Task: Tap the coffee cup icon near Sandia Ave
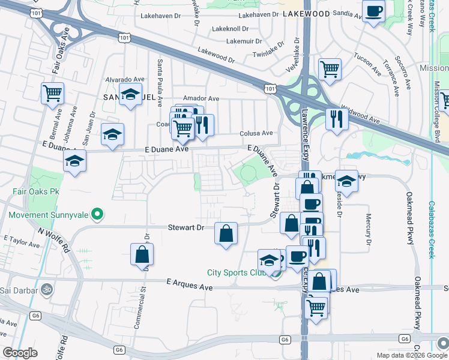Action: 373,11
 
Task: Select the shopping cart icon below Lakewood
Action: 330,70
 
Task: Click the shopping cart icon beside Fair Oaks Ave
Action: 52,93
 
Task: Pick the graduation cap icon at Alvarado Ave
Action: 130,95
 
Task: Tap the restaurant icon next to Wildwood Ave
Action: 337,118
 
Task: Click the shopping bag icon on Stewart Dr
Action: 226,233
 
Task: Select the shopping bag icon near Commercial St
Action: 142,254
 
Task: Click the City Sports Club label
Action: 236,272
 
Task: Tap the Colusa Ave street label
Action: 256,133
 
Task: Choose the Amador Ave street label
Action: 201,98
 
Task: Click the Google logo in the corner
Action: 20,353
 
